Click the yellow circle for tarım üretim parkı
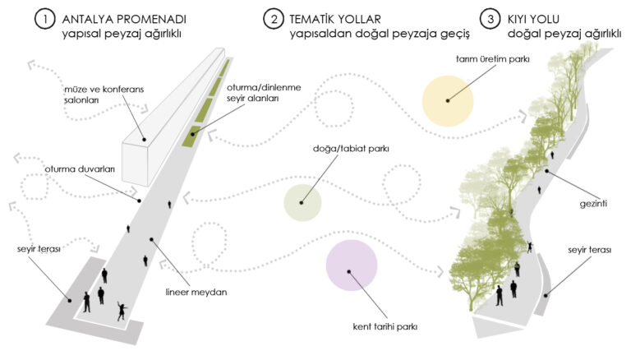coord(448,99)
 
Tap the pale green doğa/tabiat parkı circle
coord(302,202)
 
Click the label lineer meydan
coord(194,291)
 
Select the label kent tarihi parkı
coord(381,327)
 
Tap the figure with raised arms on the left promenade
coord(122,311)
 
